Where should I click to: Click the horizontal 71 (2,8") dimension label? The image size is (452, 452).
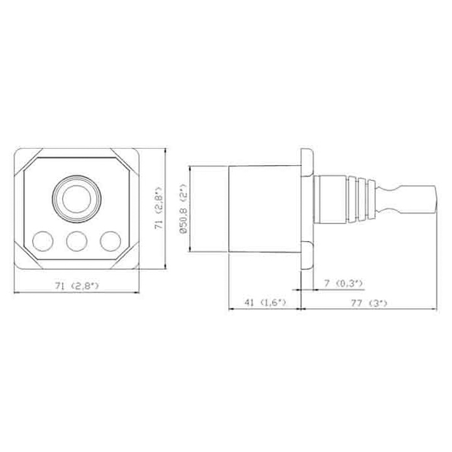coord(77,286)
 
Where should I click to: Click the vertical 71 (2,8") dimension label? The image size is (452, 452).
coord(159,208)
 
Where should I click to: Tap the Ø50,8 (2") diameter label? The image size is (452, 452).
coord(183,208)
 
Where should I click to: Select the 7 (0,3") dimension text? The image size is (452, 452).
coord(343,283)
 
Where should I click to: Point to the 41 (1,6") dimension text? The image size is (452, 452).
coord(265,303)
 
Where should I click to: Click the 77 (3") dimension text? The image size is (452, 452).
coord(369,303)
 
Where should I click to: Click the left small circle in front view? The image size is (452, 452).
coord(43,241)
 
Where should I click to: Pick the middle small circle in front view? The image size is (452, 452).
coord(77,241)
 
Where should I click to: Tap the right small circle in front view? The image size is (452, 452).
coord(110,241)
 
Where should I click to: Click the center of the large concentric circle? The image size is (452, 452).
coord(77,199)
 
